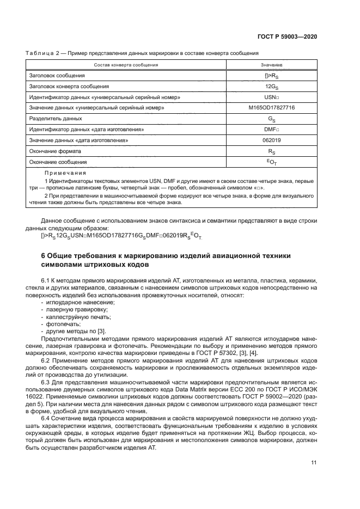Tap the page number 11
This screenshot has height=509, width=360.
point(314,463)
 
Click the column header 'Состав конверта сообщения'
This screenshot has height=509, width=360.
point(126,65)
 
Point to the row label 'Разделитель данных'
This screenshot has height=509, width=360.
point(56,118)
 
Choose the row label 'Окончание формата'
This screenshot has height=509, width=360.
point(53,151)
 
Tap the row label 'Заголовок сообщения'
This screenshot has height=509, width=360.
point(57,75)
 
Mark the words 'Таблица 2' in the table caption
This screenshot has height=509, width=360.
point(40,52)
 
